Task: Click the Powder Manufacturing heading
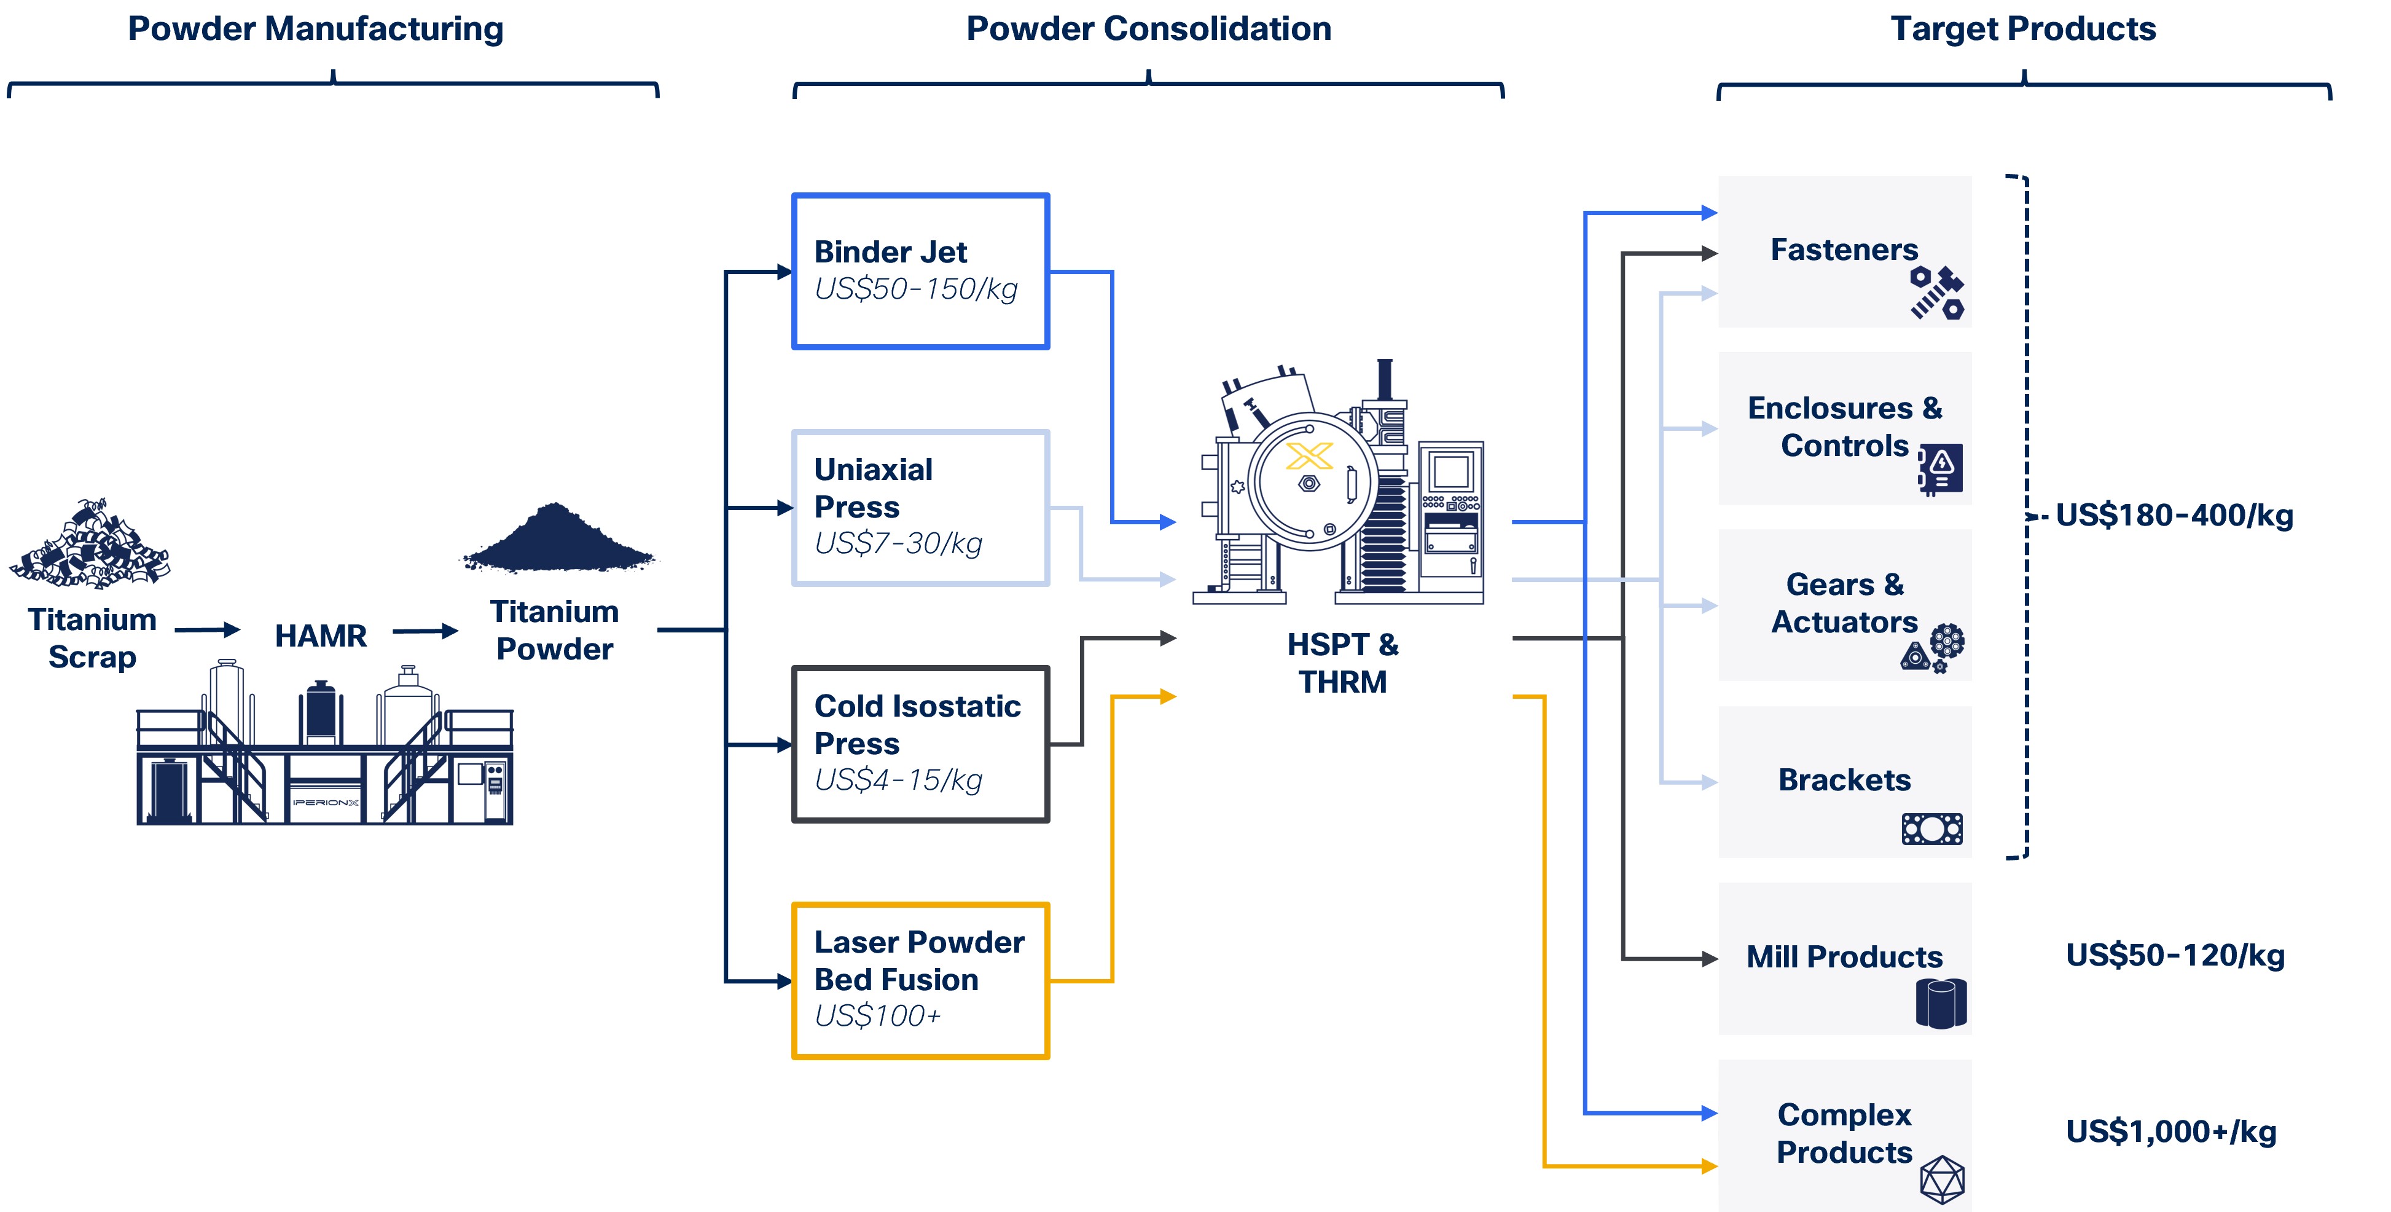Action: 316,30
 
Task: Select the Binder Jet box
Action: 920,270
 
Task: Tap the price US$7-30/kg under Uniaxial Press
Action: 898,543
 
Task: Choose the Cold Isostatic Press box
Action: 920,743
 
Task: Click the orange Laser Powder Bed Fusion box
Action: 920,980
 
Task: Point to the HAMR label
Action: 320,636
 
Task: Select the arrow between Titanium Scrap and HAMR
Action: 207,631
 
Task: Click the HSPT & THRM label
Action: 1342,663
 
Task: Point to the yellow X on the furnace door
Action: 1309,456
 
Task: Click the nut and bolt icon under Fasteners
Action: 1937,294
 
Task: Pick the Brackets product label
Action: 1844,780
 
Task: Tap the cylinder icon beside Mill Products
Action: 1941,1003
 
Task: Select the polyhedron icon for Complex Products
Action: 1942,1179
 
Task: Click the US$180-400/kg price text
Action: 2174,516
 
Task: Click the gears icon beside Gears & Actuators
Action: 1935,647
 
